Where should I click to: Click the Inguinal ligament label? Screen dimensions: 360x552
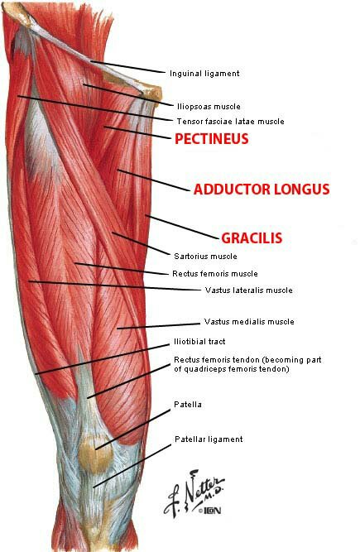(x=204, y=74)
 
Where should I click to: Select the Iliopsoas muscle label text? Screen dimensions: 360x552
(x=209, y=106)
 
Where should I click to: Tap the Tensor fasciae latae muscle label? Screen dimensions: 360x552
(x=231, y=122)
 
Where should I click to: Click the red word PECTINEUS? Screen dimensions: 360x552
(x=212, y=139)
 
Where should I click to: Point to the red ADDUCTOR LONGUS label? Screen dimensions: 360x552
(x=262, y=190)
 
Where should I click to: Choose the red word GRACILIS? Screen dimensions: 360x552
(x=252, y=238)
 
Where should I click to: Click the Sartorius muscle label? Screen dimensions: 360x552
(x=205, y=257)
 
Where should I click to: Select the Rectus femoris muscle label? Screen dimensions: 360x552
(x=215, y=274)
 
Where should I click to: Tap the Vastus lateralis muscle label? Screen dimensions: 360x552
(x=249, y=290)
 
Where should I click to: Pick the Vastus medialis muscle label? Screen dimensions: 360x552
(x=249, y=321)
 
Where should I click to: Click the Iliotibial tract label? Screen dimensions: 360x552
(x=199, y=342)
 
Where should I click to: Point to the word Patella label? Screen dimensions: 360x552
(x=188, y=404)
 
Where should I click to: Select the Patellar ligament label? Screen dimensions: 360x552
(x=209, y=439)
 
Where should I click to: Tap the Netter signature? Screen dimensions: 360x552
(x=194, y=493)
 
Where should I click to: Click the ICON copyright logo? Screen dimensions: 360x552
(x=209, y=510)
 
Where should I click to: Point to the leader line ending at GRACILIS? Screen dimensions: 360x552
(x=182, y=228)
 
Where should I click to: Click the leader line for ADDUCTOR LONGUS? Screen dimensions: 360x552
(x=154, y=180)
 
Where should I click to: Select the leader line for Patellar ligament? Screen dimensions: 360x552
(x=132, y=465)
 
